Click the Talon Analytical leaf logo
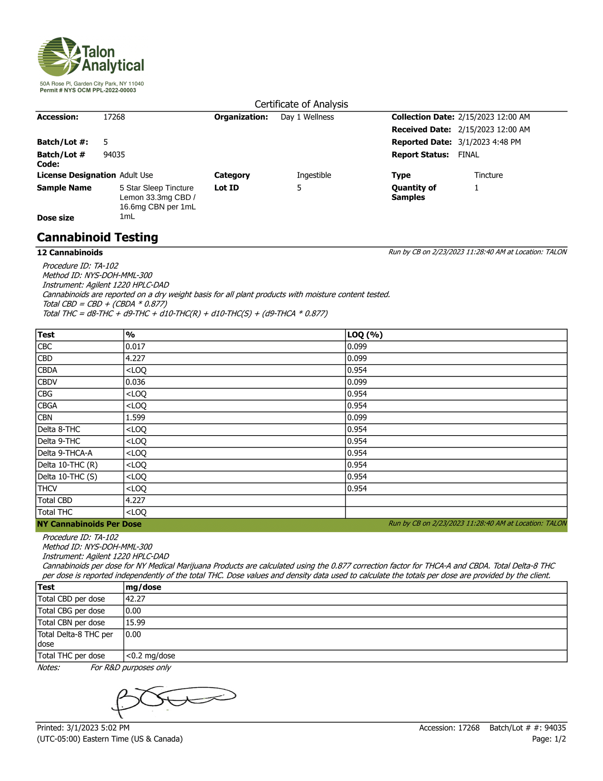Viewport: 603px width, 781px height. tap(60, 57)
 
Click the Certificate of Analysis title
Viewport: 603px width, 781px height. tap(301, 104)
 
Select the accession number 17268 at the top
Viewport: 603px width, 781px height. tap(114, 117)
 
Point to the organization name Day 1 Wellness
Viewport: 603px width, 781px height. tap(307, 117)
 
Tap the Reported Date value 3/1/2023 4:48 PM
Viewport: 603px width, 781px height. tap(489, 142)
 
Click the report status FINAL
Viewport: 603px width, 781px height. tap(468, 155)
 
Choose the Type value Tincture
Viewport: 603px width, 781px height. tap(488, 175)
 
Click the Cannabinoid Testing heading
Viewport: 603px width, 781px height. tap(97, 237)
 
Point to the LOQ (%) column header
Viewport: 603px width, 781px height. tap(365, 335)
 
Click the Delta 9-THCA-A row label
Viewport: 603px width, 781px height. tap(65, 453)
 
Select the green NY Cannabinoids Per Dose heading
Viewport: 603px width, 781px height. tap(89, 524)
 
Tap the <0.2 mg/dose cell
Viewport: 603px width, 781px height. tap(150, 655)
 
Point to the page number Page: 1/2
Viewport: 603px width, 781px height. tap(549, 739)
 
